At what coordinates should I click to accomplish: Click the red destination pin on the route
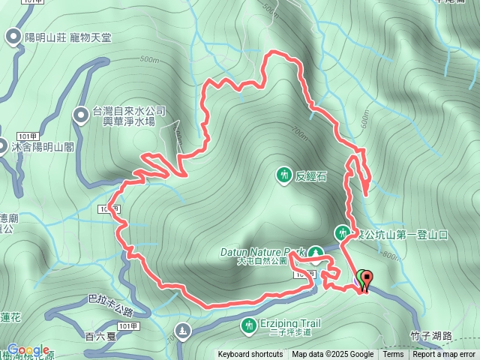(x=367, y=279)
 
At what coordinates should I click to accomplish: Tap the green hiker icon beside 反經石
(x=283, y=175)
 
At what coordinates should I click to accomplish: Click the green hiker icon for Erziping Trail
(x=248, y=325)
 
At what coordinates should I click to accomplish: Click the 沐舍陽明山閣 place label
(x=42, y=147)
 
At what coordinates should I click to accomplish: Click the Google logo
(x=28, y=350)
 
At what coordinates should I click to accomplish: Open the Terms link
(x=393, y=355)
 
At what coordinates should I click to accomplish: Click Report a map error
(x=444, y=355)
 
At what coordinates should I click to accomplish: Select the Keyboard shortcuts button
(x=250, y=355)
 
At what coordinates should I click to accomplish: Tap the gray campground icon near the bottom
(x=182, y=330)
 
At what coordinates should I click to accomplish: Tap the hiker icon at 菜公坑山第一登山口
(x=343, y=232)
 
